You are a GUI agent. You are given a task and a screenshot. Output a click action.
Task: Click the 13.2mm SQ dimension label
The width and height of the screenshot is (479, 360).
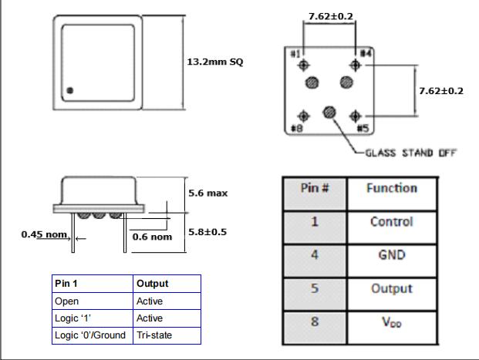(215, 62)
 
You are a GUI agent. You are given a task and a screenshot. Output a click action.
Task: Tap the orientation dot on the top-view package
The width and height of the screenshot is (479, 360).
(70, 91)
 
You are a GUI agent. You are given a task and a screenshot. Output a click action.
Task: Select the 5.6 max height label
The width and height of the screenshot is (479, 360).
(207, 193)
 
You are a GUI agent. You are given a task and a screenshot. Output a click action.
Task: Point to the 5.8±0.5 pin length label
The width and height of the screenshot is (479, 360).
(208, 231)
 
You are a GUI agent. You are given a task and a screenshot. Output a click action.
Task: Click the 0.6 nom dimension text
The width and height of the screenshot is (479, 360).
(151, 237)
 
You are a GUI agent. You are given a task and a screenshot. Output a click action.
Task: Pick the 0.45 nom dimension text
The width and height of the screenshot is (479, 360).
(45, 234)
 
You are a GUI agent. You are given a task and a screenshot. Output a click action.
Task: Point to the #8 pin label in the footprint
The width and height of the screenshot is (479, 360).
(295, 128)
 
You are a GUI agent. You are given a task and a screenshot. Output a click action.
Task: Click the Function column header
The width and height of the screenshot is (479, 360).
(391, 188)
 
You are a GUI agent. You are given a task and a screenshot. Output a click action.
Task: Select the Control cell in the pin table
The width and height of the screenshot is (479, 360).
(391, 222)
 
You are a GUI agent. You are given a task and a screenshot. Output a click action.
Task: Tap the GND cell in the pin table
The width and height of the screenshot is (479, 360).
(391, 255)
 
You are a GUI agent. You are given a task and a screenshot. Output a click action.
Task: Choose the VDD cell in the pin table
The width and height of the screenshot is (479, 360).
(391, 322)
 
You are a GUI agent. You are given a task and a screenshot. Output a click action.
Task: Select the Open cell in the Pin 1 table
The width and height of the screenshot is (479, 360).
(67, 301)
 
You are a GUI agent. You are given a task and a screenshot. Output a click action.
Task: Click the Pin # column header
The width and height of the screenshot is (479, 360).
(315, 188)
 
